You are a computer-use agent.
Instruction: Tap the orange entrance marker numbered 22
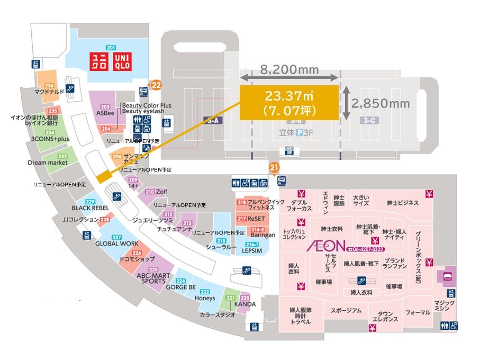click(156, 83)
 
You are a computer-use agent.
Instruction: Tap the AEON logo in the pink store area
click(326, 246)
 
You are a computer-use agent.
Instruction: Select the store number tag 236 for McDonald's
click(50, 85)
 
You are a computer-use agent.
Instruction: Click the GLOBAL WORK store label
click(116, 244)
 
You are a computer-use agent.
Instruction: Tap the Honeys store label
click(205, 298)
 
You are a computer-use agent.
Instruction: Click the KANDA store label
click(245, 304)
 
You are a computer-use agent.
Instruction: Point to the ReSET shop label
click(256, 219)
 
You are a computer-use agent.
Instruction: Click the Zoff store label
click(161, 192)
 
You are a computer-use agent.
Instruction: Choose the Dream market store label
click(48, 163)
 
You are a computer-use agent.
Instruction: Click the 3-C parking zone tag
click(370, 121)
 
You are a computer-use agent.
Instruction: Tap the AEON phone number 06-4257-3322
click(365, 249)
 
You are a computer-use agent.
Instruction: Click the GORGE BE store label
click(181, 287)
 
